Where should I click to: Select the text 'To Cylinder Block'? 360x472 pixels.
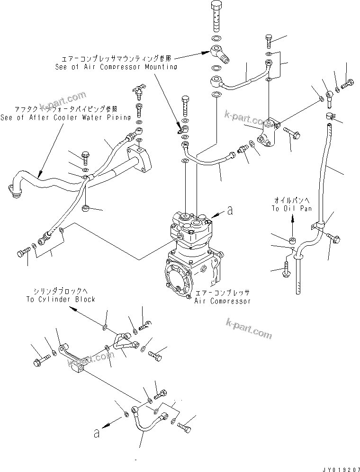61,299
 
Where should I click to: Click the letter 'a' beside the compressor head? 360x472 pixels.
230,212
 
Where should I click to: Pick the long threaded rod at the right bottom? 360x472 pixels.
298,277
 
